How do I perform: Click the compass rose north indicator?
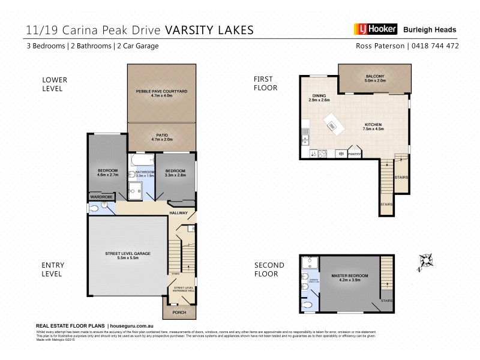pos(426,259)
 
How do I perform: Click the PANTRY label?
pos(354,154)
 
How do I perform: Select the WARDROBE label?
pos(101,196)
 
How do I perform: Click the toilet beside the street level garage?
pos(96,207)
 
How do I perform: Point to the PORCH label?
pos(179,312)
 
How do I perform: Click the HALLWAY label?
pos(179,212)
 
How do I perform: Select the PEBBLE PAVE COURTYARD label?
pos(161,91)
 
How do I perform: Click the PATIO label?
pos(161,136)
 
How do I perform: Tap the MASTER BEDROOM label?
pos(349,275)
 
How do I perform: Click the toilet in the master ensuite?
pos(308,304)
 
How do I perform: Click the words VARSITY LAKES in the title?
pos(209,29)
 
